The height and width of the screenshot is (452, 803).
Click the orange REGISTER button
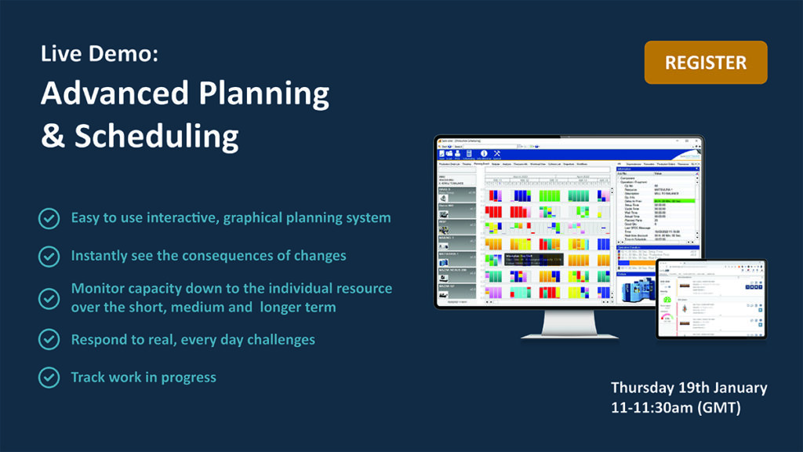pyautogui.click(x=706, y=62)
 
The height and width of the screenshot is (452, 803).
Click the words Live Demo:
pyautogui.click(x=100, y=55)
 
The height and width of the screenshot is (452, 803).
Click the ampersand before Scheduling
pyautogui.click(x=53, y=137)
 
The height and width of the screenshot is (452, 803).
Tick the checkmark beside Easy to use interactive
pyautogui.click(x=49, y=218)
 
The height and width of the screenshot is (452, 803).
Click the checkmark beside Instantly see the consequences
pyautogui.click(x=49, y=256)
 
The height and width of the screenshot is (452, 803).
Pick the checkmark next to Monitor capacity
pyautogui.click(x=49, y=298)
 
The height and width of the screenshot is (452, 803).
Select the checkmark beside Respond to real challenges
pyautogui.click(x=49, y=339)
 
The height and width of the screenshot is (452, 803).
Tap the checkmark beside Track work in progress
pyautogui.click(x=49, y=377)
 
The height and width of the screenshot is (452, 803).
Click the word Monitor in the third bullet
pyautogui.click(x=98, y=289)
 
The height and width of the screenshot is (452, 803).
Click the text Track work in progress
pyautogui.click(x=144, y=377)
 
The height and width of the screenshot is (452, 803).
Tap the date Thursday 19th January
pyautogui.click(x=689, y=388)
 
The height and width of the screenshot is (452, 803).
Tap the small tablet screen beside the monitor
pyautogui.click(x=710, y=297)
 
